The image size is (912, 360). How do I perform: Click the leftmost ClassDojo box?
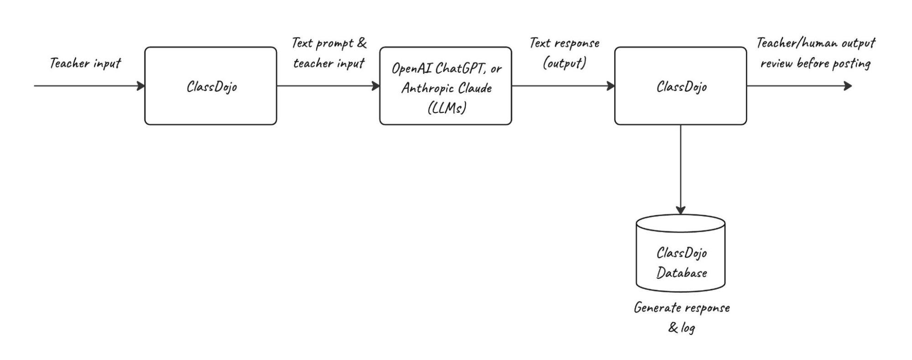[x=210, y=86]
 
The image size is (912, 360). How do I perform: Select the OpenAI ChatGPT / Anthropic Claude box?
[x=445, y=86]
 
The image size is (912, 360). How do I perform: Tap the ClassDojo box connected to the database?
[x=680, y=86]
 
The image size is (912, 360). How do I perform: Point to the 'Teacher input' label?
[x=85, y=63]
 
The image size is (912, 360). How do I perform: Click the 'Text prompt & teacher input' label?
[x=328, y=53]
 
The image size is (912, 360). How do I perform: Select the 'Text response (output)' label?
[x=564, y=53]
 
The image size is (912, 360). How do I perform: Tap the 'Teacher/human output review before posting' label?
[x=815, y=53]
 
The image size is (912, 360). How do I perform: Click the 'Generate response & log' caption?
[x=681, y=317]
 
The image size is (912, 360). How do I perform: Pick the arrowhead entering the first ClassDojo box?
[x=141, y=86]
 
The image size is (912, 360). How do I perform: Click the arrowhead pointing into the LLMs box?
[x=376, y=86]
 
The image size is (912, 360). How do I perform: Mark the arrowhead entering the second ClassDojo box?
[x=611, y=86]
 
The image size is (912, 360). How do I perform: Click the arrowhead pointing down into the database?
[x=680, y=210]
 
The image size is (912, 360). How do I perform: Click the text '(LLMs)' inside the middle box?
[x=447, y=108]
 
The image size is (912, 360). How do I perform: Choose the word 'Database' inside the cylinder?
[x=681, y=273]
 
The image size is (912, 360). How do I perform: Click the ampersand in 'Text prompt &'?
[x=361, y=43]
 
